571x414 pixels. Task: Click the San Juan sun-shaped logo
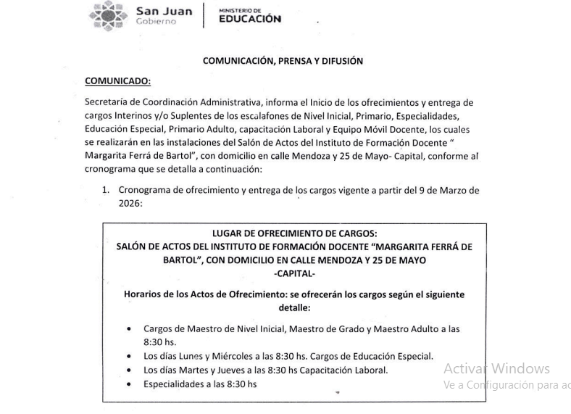(108, 15)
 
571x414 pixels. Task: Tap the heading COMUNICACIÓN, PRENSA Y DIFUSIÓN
(283, 61)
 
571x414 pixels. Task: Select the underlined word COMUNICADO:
(117, 80)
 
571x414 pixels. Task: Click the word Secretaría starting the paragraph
(107, 102)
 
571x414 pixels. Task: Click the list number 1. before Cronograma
(105, 191)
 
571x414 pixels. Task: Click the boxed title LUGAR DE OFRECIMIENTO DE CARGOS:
(294, 233)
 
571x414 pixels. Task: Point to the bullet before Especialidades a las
(128, 384)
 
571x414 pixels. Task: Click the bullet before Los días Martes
(128, 370)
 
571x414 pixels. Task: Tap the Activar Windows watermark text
(496, 368)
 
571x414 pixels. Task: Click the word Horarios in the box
(143, 294)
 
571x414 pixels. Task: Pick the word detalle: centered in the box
(294, 307)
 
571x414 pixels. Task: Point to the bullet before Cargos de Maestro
(128, 328)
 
